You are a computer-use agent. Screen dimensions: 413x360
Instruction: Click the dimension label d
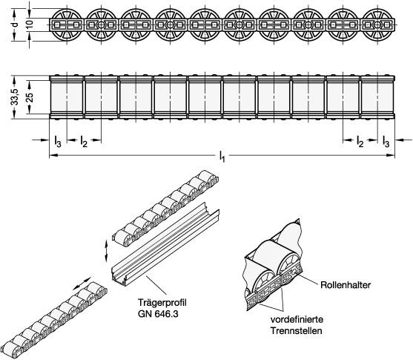tap(16, 24)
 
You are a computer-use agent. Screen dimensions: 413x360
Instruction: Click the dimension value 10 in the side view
tap(30, 24)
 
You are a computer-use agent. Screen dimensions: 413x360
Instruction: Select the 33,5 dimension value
tap(15, 97)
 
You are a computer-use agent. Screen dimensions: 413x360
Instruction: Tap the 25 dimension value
tap(30, 97)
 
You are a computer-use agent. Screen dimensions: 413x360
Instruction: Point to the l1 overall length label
tap(222, 156)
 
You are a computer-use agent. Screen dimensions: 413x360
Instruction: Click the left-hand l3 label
tap(58, 141)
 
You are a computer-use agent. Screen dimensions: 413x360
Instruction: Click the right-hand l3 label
tap(386, 141)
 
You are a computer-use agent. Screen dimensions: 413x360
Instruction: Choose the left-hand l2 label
tap(84, 141)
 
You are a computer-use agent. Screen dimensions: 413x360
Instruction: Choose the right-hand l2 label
tap(360, 141)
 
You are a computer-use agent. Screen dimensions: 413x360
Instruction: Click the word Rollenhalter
tap(346, 285)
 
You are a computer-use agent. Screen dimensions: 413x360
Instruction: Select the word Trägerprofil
tap(162, 303)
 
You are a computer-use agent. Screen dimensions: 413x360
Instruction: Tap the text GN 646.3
tap(158, 314)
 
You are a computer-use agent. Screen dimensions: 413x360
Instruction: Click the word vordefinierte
tap(297, 319)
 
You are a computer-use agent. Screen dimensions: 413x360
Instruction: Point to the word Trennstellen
tap(297, 331)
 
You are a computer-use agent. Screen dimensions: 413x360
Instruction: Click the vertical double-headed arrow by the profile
tap(106, 252)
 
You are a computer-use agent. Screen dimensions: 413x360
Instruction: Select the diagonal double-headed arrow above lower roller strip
tap(82, 283)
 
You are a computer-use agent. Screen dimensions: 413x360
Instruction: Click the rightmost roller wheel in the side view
tap(377, 24)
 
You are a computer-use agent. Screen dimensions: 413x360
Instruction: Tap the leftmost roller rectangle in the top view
tap(67, 97)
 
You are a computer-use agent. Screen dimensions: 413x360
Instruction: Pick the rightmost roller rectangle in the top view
tap(377, 97)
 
